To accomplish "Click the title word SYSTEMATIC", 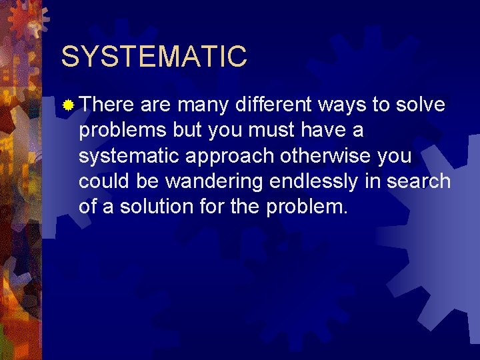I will point(154,57).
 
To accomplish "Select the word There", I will point(107,105).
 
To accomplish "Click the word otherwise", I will point(327,155).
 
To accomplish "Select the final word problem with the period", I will point(307,207).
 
